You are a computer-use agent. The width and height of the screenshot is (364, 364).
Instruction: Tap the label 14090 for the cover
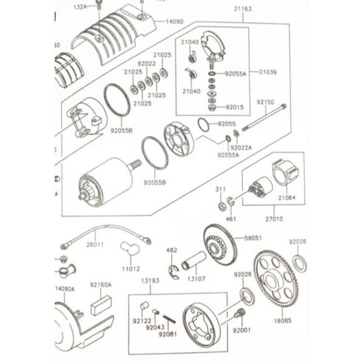(174, 22)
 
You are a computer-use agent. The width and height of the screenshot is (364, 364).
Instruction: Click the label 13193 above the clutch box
(150, 281)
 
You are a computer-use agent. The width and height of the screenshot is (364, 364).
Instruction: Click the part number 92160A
(101, 285)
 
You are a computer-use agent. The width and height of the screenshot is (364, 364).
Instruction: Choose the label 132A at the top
(97, 6)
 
